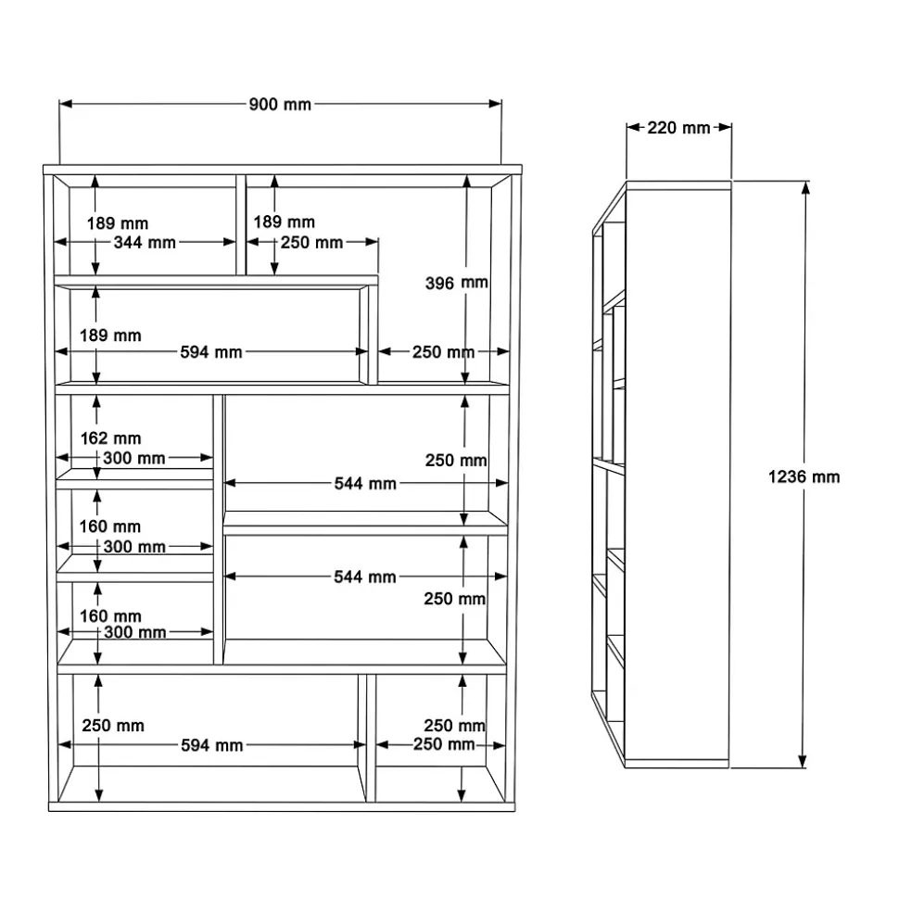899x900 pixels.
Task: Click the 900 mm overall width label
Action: coord(280,105)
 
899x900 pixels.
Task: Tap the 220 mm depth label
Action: coord(678,127)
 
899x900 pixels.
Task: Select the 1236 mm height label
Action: coord(804,476)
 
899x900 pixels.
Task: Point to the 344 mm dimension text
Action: coord(145,242)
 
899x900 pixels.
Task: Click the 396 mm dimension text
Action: coord(456,283)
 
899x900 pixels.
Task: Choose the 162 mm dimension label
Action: coord(111,438)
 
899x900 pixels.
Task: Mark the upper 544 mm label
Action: coord(365,483)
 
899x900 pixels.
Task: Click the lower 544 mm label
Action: coord(365,577)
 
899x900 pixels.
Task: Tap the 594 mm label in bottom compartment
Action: coord(212,745)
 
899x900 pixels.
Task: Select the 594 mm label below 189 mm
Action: coord(211,352)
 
